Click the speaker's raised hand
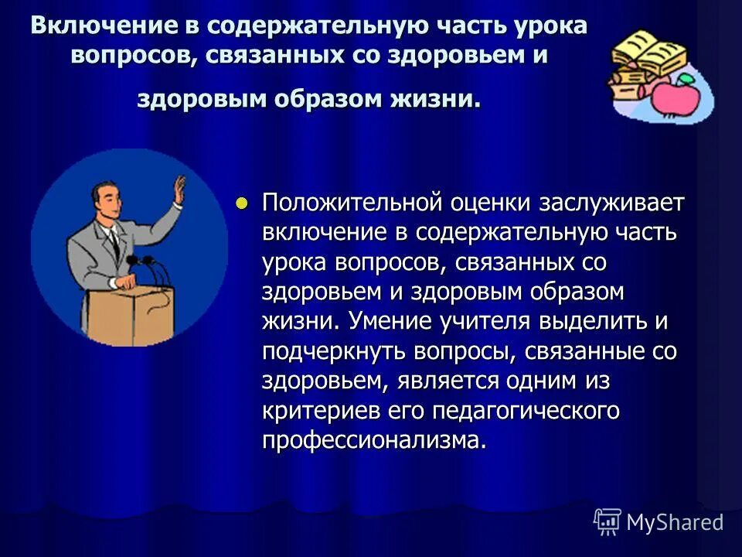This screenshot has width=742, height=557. (179, 189)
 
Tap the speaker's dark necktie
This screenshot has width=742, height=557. (114, 244)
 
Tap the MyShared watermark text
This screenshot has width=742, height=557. (674, 522)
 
